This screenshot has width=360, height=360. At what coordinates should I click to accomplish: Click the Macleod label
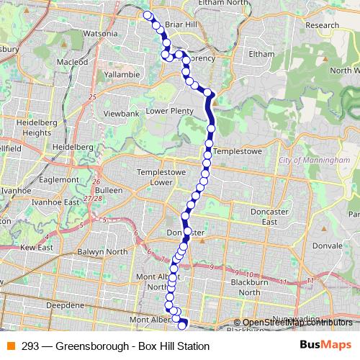point(72,62)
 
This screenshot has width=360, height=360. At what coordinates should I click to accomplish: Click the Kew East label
point(37,247)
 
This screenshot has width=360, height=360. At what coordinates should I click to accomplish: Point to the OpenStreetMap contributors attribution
point(297,323)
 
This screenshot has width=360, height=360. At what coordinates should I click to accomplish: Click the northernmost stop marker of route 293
point(148,15)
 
